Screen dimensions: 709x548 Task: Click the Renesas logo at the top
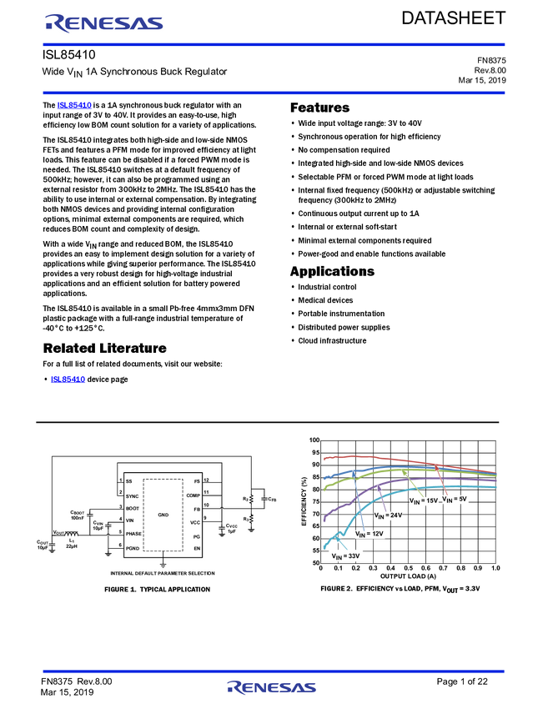[103, 23]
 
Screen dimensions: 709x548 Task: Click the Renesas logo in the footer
[271, 687]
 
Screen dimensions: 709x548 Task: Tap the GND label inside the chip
[163, 515]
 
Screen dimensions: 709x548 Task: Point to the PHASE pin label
[134, 532]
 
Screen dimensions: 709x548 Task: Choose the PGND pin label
[133, 546]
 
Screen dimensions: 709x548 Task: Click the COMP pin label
[193, 495]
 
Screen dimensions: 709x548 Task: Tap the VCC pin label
[194, 522]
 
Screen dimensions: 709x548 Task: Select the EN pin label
[196, 548]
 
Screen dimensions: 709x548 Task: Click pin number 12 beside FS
[206, 481]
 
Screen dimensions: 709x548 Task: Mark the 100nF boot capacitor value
[78, 518]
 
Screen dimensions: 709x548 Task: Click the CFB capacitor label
[272, 499]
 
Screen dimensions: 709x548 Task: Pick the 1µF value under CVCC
[231, 531]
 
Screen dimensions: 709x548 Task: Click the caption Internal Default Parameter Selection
[163, 573]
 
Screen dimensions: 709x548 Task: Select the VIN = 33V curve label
[345, 556]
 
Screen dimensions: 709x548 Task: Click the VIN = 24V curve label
[388, 516]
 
